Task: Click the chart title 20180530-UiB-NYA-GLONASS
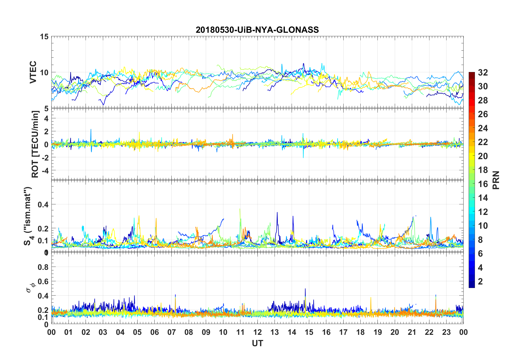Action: (257, 30)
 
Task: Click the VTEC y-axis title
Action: (33, 72)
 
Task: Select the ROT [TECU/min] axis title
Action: (35, 144)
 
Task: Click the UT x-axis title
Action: (257, 343)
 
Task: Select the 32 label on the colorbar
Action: (483, 73)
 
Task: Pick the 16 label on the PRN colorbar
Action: (483, 184)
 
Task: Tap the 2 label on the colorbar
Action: (480, 282)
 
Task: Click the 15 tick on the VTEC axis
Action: (44, 37)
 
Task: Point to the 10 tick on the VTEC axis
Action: (44, 73)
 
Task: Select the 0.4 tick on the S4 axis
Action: (43, 204)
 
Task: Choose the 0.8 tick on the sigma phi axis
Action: (43, 267)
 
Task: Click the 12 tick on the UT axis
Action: (257, 332)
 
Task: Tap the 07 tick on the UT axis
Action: (172, 332)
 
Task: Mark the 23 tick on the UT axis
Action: (446, 332)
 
